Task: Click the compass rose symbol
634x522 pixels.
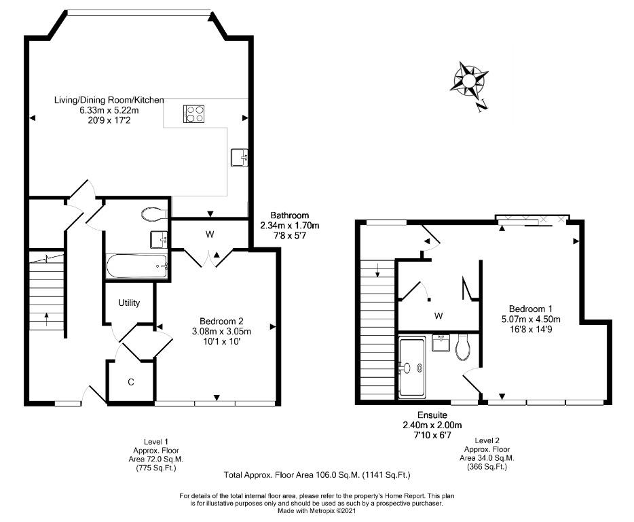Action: click(469, 81)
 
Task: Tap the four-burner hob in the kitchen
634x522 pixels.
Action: click(194, 114)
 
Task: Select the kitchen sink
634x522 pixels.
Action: click(240, 158)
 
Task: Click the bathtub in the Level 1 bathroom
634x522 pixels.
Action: click(136, 266)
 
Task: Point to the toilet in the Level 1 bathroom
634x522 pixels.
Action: click(154, 214)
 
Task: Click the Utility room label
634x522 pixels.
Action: click(129, 302)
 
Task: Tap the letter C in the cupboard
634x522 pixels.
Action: click(130, 382)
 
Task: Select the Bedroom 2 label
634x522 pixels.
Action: click(221, 321)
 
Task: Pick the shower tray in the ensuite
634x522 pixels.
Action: click(412, 367)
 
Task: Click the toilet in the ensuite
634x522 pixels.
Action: click(462, 347)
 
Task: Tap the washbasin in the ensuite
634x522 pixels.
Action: click(441, 343)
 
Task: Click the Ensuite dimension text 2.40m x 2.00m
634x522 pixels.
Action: click(432, 425)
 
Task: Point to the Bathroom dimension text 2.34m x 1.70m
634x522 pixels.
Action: click(289, 225)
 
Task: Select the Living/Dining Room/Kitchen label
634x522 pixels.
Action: click(109, 100)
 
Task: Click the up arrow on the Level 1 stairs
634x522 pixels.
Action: click(47, 319)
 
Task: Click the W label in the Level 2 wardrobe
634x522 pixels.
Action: click(439, 316)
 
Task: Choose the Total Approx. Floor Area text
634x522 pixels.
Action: click(317, 474)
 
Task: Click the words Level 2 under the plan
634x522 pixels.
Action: click(487, 440)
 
